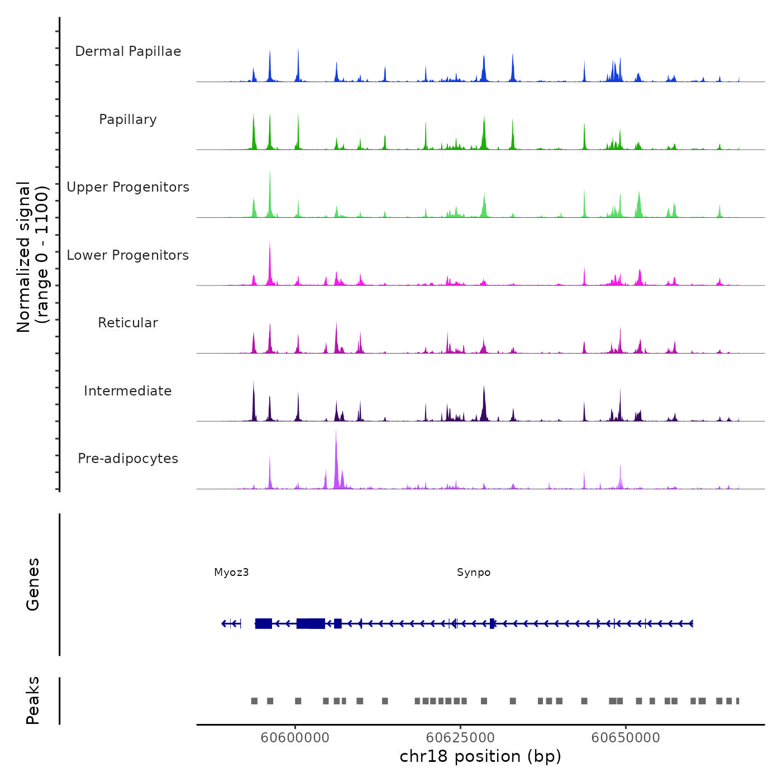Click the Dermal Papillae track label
128,51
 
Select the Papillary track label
128,120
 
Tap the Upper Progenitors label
128,187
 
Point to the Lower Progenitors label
128,255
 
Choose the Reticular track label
128,323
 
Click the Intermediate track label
128,391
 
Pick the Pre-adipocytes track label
128,459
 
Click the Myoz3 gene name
231,573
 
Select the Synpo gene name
474,573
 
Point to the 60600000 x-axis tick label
295,738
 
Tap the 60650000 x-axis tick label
626,738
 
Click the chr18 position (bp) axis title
480,756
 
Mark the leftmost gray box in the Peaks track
254,701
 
